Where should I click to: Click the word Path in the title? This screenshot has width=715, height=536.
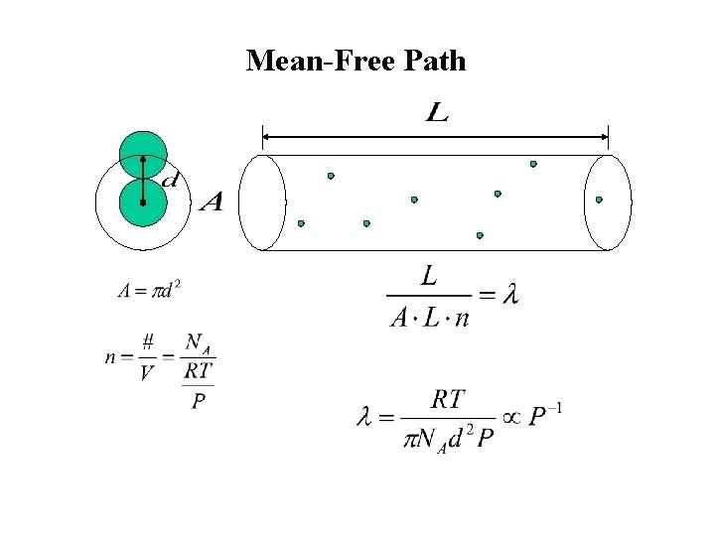pos(435,62)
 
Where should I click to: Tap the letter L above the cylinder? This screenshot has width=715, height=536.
pos(437,114)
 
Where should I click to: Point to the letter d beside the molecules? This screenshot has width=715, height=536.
pos(170,181)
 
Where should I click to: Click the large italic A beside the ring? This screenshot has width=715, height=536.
pos(211,203)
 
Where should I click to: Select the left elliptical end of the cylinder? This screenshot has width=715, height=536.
pos(262,202)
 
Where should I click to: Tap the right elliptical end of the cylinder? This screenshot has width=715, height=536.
pos(608,202)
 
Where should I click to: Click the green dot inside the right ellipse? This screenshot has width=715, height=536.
pos(599,200)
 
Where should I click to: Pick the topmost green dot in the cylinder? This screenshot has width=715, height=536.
pos(533,164)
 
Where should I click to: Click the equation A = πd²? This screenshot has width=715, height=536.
pos(149,290)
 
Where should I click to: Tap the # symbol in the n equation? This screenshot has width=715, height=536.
pos(147,341)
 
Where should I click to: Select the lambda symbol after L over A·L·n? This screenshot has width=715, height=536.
pos(510,295)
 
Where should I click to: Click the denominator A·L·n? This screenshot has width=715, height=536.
pos(429,318)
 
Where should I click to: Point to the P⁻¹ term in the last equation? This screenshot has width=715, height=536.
pos(544,416)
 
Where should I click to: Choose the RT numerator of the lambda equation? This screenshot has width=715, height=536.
pos(448,399)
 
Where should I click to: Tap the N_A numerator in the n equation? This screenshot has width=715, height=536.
pos(199,342)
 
